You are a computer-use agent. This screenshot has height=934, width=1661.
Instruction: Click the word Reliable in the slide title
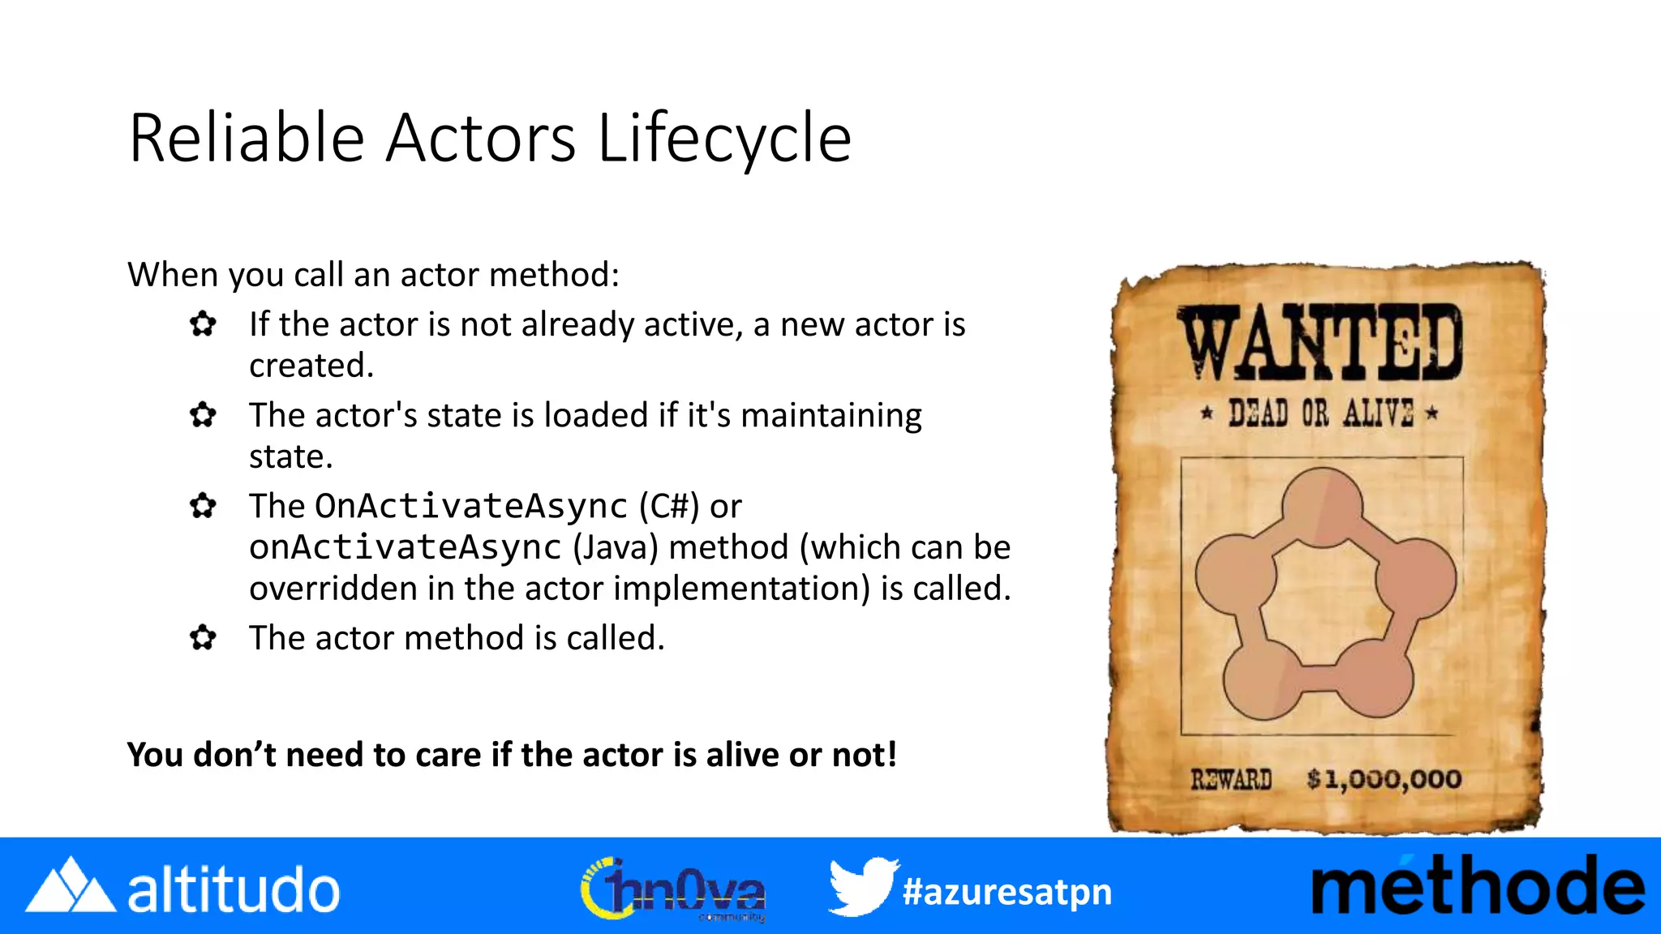click(x=247, y=138)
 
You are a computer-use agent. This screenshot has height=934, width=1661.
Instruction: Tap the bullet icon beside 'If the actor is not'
click(x=203, y=324)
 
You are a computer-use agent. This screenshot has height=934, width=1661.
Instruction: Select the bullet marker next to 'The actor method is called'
click(x=203, y=638)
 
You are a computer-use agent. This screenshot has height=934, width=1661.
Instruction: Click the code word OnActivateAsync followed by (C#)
click(x=470, y=507)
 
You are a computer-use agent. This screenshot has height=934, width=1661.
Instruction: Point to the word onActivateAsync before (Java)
click(x=405, y=548)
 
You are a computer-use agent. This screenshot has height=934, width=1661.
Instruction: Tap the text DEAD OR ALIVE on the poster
click(x=1320, y=413)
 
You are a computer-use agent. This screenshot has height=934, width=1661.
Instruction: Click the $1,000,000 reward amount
click(x=1384, y=780)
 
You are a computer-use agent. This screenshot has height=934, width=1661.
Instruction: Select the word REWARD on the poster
click(x=1230, y=780)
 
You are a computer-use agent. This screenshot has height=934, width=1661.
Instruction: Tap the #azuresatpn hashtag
click(x=1006, y=892)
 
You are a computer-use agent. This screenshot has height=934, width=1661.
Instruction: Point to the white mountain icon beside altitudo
click(x=70, y=885)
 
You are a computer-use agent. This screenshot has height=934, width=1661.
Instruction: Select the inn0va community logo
click(x=673, y=889)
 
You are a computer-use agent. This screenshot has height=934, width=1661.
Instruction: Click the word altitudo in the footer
click(x=234, y=890)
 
